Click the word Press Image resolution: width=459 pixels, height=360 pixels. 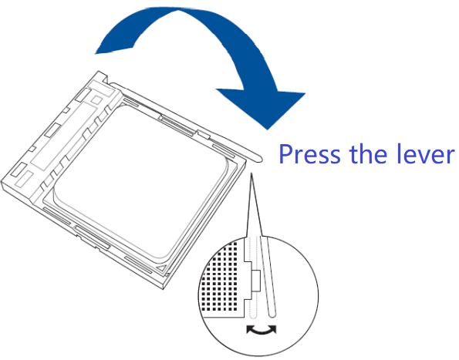[310, 154]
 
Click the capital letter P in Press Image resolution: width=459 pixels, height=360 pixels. [285, 154]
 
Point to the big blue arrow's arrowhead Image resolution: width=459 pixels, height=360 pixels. [264, 106]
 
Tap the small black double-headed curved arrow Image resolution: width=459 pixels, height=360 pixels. [261, 329]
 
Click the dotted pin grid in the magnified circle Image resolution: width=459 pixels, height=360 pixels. [221, 278]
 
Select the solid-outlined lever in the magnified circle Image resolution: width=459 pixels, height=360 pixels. [268, 277]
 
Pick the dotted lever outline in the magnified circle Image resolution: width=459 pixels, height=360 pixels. [253, 277]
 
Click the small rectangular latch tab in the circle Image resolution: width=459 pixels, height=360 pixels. [255, 281]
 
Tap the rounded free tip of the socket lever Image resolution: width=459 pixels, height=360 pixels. [259, 159]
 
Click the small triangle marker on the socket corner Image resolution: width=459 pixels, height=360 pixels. [161, 268]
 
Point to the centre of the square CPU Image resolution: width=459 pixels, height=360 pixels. [140, 182]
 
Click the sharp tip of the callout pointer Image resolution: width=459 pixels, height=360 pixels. [251, 173]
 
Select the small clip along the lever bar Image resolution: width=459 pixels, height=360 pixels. [203, 134]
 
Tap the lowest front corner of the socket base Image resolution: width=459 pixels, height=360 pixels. [164, 289]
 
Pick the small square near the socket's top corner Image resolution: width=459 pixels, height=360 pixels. [96, 100]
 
